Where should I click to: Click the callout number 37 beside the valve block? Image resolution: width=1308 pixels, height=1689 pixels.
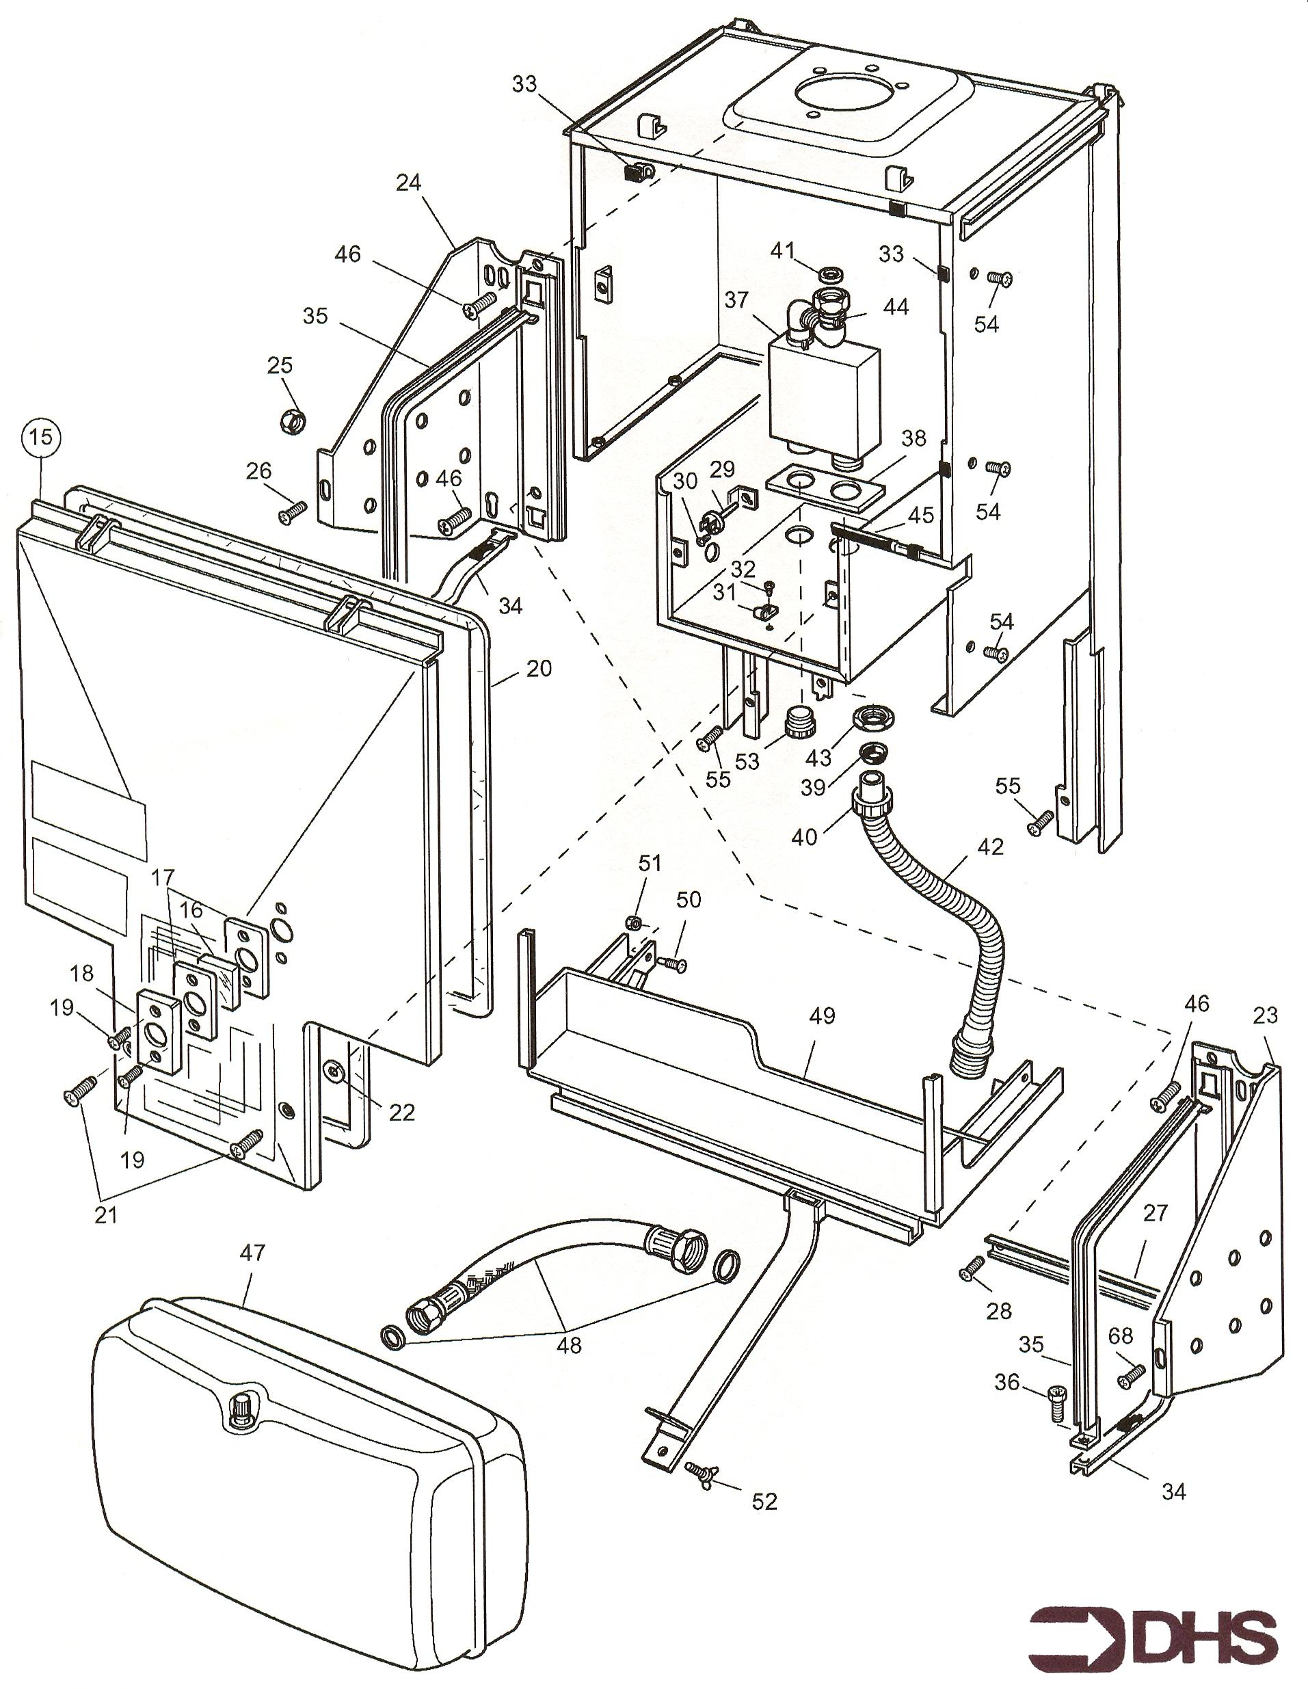pyautogui.click(x=737, y=300)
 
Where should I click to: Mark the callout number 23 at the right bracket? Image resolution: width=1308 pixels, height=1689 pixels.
pyautogui.click(x=1265, y=1015)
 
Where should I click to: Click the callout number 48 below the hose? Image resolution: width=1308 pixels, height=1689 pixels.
pyautogui.click(x=570, y=1345)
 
